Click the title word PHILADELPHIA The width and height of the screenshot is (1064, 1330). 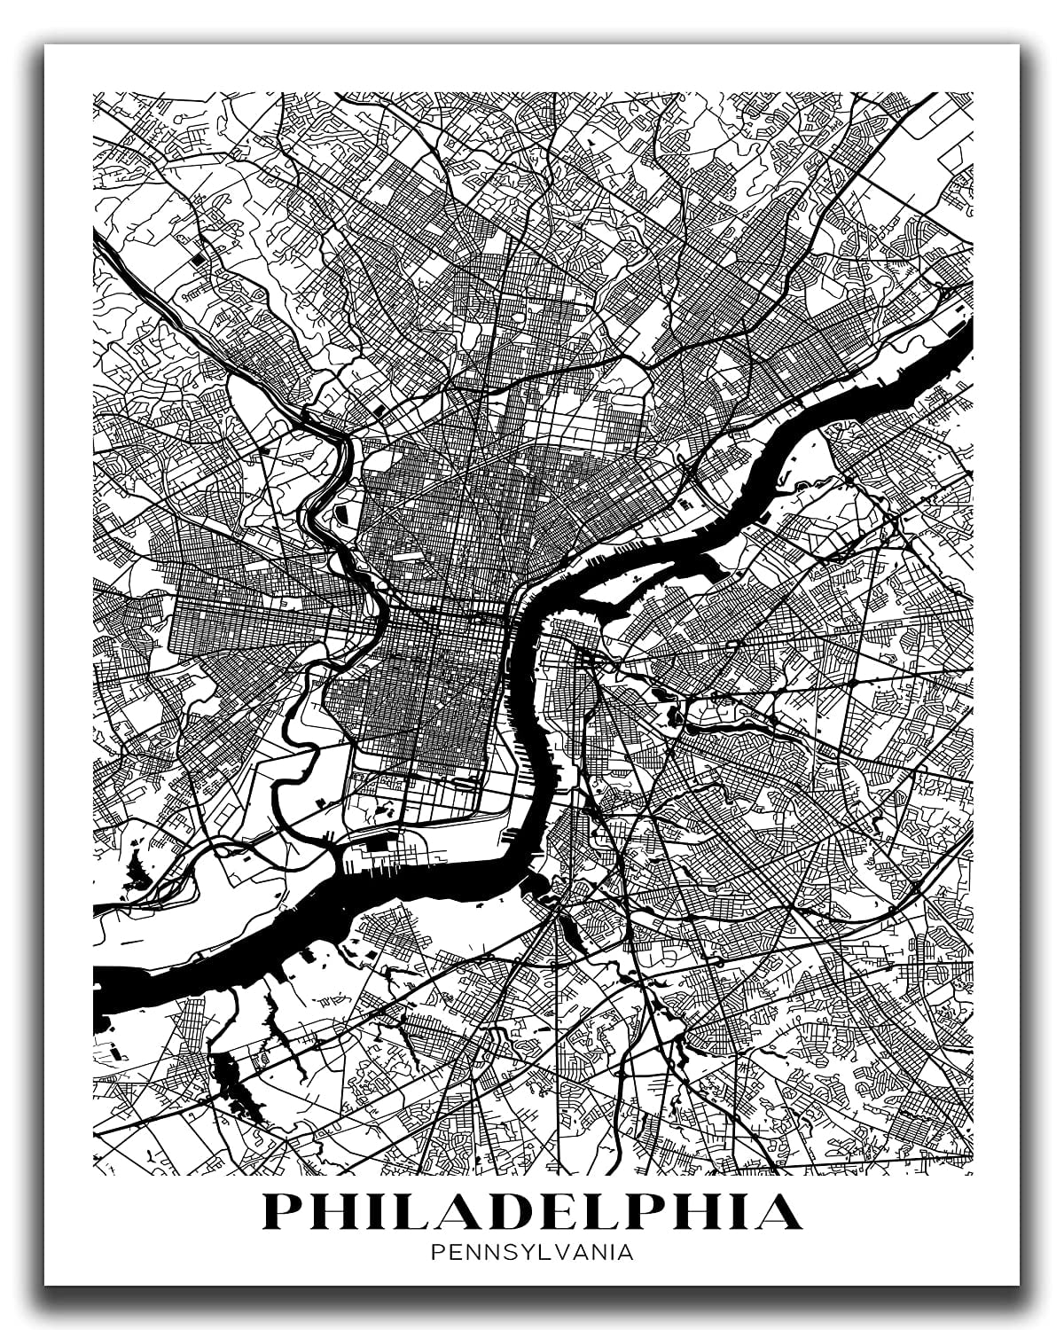pos(531,1211)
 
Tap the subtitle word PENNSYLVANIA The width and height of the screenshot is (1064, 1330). pos(531,1253)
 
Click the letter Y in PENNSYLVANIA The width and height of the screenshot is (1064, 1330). pos(524,1253)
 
